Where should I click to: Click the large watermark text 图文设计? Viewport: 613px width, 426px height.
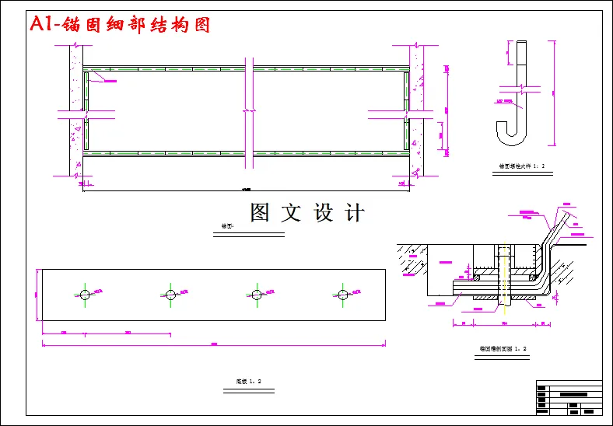coord(306,213)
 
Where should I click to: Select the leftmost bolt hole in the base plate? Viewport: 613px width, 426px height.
coord(85,294)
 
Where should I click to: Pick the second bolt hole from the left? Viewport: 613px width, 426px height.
coord(170,294)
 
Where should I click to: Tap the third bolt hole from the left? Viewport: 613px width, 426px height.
coord(256,294)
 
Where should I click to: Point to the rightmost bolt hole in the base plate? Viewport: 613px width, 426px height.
coord(342,294)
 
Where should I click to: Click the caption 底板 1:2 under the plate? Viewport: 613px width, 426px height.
coord(248,381)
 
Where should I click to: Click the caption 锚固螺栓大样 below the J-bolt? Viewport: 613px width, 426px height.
coord(522,166)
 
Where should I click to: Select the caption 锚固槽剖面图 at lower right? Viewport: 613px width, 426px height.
coord(503,348)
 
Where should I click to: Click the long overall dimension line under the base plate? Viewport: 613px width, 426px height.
coord(214,344)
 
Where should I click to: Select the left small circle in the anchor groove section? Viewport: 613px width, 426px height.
coord(477,275)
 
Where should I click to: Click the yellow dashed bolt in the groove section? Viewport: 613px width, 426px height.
coord(503,276)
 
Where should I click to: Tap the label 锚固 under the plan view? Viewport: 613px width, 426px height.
coord(227,227)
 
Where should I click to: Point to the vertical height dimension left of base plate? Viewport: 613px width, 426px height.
coord(37,294)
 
